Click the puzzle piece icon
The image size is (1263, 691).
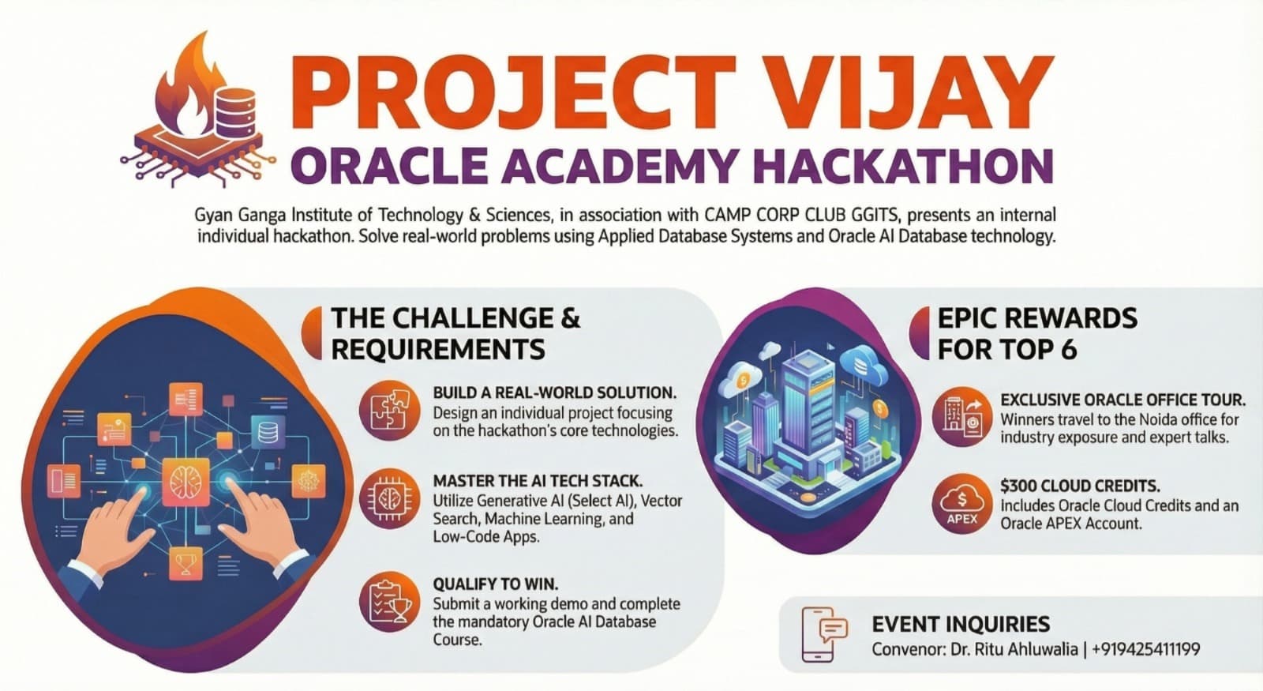(x=389, y=411)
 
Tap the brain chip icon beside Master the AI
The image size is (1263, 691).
(x=389, y=499)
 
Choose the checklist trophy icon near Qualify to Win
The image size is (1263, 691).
(x=389, y=603)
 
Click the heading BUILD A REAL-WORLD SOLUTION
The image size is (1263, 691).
(x=555, y=392)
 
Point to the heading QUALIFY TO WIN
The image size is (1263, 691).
(x=495, y=584)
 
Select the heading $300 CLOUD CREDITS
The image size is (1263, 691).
(x=1080, y=486)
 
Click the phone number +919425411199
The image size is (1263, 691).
(x=1145, y=649)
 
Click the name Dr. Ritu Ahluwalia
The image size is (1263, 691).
(x=1011, y=649)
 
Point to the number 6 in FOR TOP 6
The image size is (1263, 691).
(x=1069, y=349)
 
